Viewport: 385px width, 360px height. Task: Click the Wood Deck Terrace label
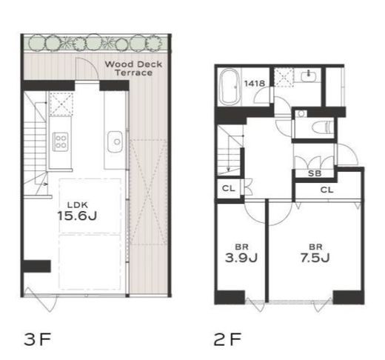pyautogui.click(x=133, y=68)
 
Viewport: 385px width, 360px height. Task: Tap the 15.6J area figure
pyautogui.click(x=77, y=216)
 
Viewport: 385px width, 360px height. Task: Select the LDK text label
pyautogui.click(x=78, y=204)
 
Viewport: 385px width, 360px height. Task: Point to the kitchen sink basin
pyautogui.click(x=115, y=141)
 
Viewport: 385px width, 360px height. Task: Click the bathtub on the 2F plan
pyautogui.click(x=230, y=87)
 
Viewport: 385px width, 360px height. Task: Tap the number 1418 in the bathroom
pyautogui.click(x=255, y=84)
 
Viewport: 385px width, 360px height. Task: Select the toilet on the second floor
pyautogui.click(x=322, y=128)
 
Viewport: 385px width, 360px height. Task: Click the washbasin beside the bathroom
pyautogui.click(x=308, y=75)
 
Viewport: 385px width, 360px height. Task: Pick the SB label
pyautogui.click(x=315, y=173)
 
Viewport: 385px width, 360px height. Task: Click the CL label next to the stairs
pyautogui.click(x=228, y=188)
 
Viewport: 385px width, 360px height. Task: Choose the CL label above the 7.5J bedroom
pyautogui.click(x=327, y=190)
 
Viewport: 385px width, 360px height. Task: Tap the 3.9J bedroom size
pyautogui.click(x=241, y=258)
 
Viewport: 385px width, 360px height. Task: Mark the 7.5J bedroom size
pyautogui.click(x=315, y=258)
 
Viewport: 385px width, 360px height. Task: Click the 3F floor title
pyautogui.click(x=38, y=339)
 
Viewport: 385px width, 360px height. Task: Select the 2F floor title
pyautogui.click(x=227, y=339)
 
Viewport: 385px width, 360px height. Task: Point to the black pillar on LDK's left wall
pyautogui.click(x=36, y=266)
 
